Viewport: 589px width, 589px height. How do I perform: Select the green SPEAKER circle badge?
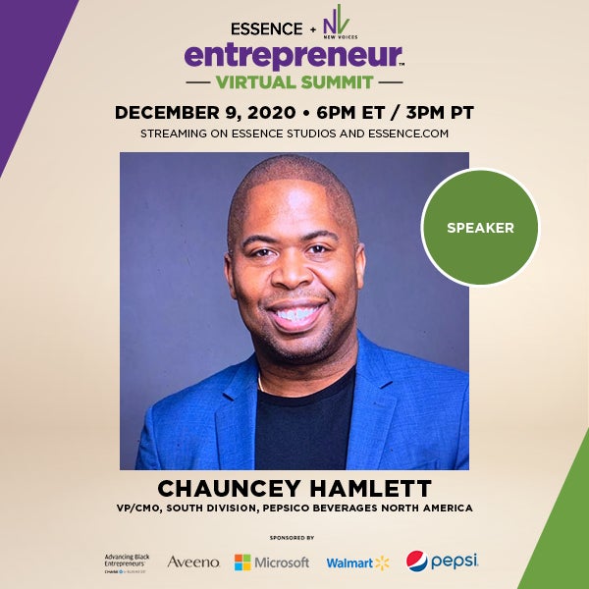[480, 228]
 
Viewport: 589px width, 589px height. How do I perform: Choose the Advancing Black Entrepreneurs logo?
[129, 562]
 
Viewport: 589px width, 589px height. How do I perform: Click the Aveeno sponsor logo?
[193, 562]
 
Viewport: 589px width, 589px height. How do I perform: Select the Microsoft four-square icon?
[242, 562]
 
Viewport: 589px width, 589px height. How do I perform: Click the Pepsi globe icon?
[417, 562]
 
